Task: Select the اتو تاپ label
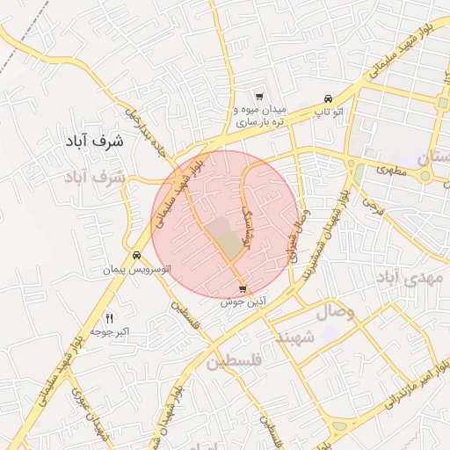click(x=329, y=113)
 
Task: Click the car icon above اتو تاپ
click(x=328, y=98)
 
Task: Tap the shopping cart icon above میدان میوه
click(x=258, y=97)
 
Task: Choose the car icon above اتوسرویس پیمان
click(x=136, y=256)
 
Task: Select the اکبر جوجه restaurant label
click(x=110, y=332)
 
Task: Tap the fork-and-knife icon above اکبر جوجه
click(x=110, y=317)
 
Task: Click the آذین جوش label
click(x=243, y=301)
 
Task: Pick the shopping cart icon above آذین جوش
click(x=243, y=288)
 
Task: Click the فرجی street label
click(x=372, y=208)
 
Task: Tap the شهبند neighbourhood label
click(x=295, y=337)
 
